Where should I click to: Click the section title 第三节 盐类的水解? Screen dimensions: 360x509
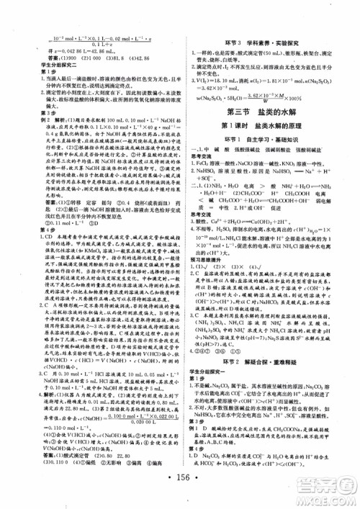click(264, 110)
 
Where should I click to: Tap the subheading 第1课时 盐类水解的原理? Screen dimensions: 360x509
click(264, 125)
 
